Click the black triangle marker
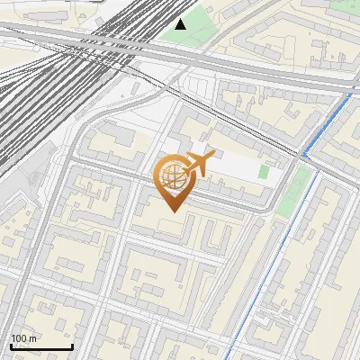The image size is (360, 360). pyautogui.click(x=181, y=23)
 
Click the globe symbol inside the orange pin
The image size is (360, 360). pyautogui.click(x=172, y=178)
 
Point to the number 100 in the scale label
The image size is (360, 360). pyautogui.click(x=20, y=339)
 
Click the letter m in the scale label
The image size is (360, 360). pyautogui.click(x=33, y=339)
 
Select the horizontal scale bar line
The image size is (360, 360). pyautogui.click(x=41, y=347)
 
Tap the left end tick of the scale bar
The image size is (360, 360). pyautogui.click(x=11, y=346)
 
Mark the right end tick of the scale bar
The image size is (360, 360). pyautogui.click(x=72, y=346)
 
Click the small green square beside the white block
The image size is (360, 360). pyautogui.click(x=264, y=171)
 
